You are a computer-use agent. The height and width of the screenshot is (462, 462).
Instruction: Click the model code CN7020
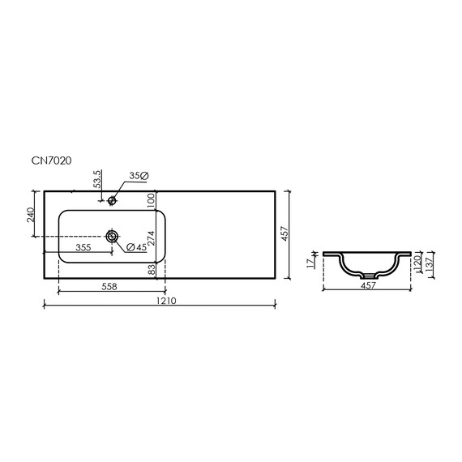coord(52,160)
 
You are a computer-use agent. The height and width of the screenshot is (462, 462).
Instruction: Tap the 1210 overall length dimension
coord(166,301)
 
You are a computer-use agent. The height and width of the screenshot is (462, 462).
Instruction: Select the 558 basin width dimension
coord(109,286)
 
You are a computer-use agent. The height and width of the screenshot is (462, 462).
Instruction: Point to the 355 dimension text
coord(83,247)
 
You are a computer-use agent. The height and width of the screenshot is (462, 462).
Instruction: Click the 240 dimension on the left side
coord(31,215)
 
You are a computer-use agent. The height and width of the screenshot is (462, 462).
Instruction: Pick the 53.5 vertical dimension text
coord(97,179)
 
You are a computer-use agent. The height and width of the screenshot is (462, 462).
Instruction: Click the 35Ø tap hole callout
coord(139,176)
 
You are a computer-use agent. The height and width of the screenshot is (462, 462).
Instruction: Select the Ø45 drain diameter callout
coord(136,247)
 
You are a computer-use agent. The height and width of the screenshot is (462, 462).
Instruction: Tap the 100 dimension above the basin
coord(151,201)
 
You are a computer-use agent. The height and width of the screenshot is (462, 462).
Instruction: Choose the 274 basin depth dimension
coord(151,238)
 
